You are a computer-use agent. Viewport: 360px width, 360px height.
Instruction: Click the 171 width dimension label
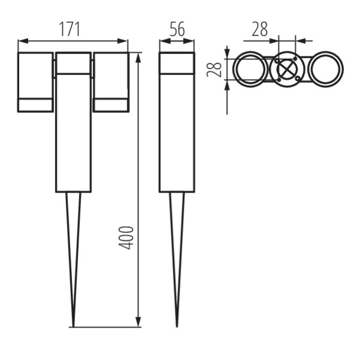tap(70, 29)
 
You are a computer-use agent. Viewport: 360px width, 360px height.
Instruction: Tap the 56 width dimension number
tap(177, 29)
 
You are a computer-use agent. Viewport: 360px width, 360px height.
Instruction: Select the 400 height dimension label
tap(126, 238)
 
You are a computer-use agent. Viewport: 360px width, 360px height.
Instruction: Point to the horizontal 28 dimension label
tap(260, 29)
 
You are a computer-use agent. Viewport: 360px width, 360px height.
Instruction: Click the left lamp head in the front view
tap(35, 82)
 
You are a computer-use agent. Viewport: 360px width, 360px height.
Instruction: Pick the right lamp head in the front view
tap(111, 82)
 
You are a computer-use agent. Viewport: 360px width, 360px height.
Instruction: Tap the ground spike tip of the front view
tap(73, 326)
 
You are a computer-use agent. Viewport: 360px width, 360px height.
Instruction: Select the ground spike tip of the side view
tap(177, 326)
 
